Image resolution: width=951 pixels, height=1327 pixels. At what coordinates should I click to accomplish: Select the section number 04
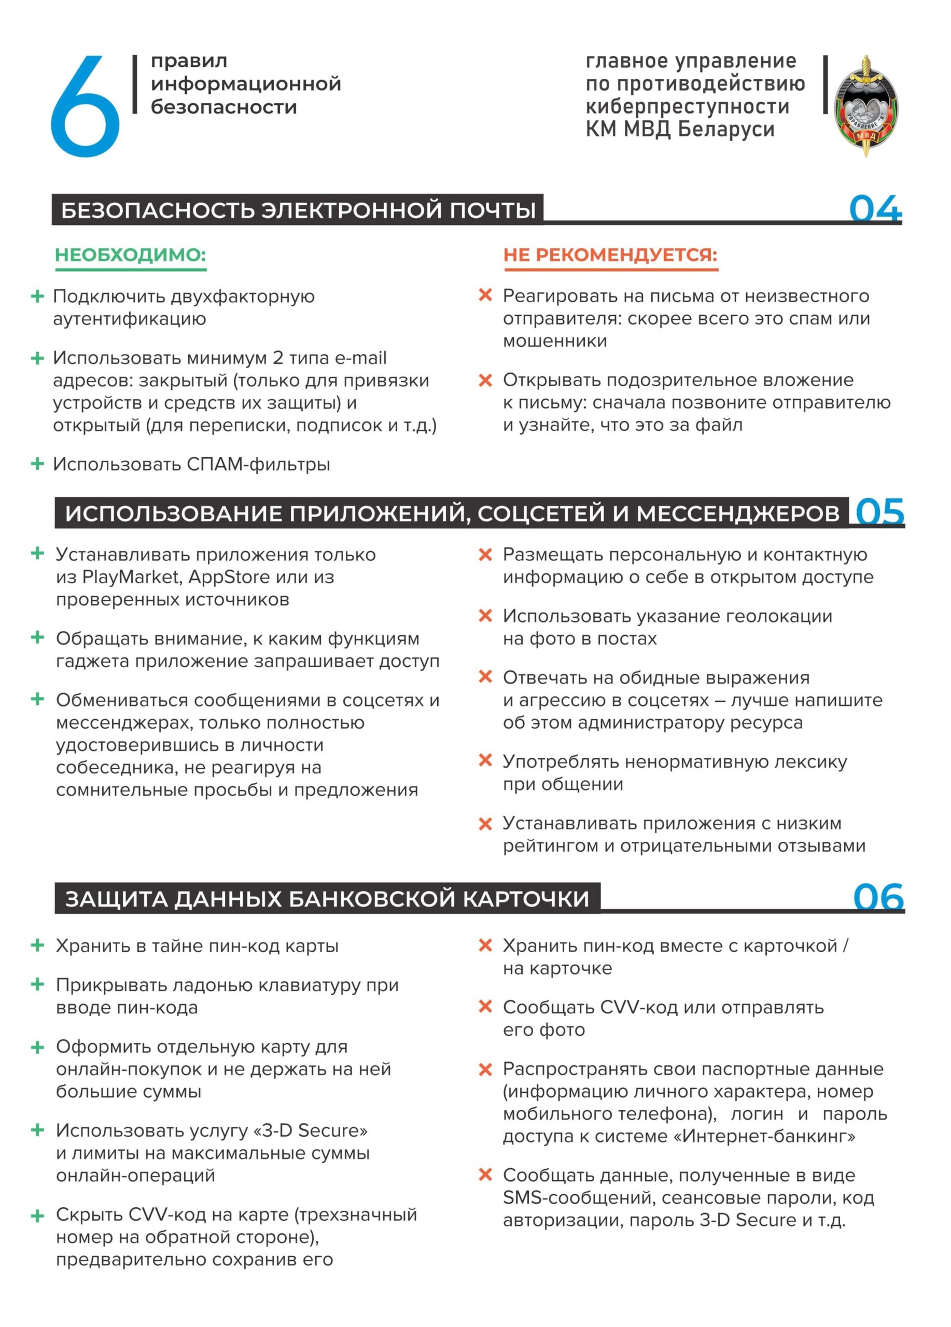(874, 208)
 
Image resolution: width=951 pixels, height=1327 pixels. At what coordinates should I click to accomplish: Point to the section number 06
(878, 897)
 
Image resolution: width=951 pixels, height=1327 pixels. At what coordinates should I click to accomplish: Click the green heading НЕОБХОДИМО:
(130, 255)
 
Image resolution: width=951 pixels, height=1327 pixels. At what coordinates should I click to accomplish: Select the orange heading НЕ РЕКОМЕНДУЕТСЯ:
(610, 255)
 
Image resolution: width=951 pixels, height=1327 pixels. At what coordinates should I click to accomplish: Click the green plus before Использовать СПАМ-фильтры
(37, 464)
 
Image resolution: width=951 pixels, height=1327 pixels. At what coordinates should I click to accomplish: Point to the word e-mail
(360, 358)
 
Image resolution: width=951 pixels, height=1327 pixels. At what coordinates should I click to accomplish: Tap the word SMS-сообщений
(578, 1198)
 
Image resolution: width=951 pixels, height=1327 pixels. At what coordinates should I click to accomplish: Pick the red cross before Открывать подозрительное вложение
(485, 380)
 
